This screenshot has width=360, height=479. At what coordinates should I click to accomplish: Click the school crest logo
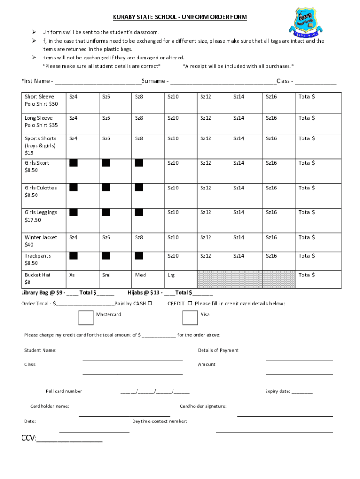[306, 22]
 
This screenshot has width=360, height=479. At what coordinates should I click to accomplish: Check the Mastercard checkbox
[86, 317]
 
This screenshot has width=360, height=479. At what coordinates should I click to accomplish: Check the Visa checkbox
[189, 317]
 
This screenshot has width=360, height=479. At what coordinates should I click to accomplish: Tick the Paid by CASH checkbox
[150, 304]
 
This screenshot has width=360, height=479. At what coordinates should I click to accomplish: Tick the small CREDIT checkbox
[190, 304]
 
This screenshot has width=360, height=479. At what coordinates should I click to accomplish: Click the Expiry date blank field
[302, 392]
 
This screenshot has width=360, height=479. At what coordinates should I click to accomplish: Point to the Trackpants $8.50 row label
[38, 260]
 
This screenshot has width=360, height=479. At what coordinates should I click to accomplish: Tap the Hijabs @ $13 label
[144, 293]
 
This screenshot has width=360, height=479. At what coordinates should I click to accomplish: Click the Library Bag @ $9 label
[43, 293]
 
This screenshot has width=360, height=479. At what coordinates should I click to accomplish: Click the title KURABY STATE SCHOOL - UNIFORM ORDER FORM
[180, 17]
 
